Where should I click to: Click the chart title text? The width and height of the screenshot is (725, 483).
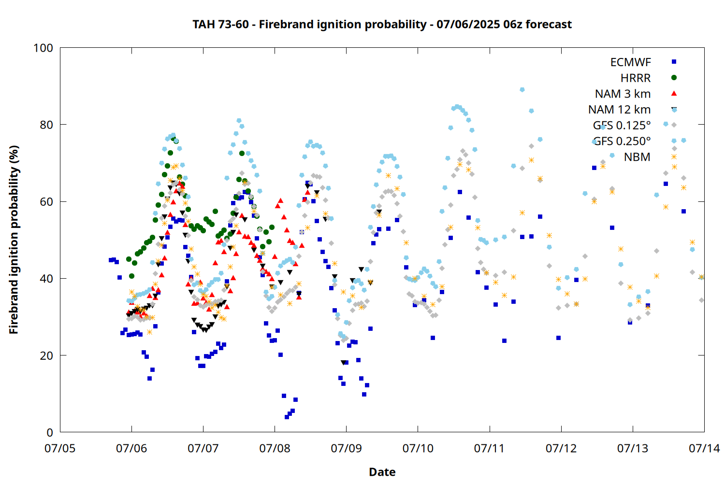[x=382, y=24]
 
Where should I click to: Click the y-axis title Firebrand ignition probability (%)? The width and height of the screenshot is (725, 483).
[x=14, y=240]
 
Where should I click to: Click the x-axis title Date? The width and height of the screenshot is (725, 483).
[x=382, y=472]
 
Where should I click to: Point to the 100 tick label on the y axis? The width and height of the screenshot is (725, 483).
[x=43, y=48]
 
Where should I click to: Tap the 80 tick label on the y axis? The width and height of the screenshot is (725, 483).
[x=46, y=125]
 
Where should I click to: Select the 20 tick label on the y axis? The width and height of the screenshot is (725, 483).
[x=46, y=355]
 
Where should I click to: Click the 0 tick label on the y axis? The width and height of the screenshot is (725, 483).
[x=49, y=432]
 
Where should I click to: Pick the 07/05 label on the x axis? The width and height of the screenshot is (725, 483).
[x=60, y=448]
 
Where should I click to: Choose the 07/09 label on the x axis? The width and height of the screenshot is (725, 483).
[x=347, y=448]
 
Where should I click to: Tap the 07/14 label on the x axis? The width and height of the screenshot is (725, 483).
[x=704, y=448]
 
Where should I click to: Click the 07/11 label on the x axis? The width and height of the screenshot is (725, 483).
[x=489, y=448]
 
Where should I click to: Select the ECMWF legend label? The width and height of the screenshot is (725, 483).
[x=630, y=62]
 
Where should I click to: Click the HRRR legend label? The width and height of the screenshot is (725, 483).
[x=636, y=78]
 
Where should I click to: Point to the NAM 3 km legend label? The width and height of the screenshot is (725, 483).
[x=623, y=94]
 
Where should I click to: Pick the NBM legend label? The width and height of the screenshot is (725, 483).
[x=637, y=157]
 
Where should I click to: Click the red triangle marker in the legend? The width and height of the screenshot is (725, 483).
[x=674, y=94]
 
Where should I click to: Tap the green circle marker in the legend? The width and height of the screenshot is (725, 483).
[x=674, y=78]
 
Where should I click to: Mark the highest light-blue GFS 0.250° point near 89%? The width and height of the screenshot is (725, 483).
[x=522, y=90]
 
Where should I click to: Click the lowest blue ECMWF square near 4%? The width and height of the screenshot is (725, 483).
[x=287, y=417]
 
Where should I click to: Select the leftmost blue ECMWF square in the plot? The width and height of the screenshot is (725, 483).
[x=111, y=260]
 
